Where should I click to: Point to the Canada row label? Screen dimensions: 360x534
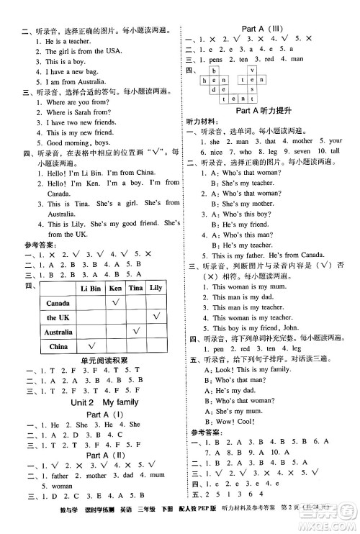pyautogui.click(x=57, y=304)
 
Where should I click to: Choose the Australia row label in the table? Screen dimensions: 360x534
pyautogui.click(x=58, y=332)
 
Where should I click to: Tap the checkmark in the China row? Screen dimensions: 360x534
pyautogui.click(x=91, y=347)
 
